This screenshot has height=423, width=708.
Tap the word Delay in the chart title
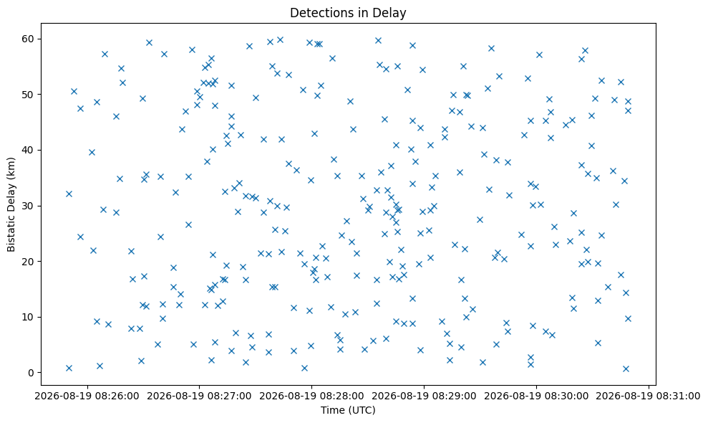tap(392, 13)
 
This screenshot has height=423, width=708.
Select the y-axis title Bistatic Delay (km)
tap(11, 204)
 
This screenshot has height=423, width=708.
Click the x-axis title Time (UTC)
tap(348, 410)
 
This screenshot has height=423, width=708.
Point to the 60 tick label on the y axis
tap(28, 39)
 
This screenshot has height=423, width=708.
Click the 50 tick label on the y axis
tap(28, 95)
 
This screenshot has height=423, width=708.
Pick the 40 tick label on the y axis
tap(28, 150)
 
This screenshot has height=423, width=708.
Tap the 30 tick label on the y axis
tap(28, 206)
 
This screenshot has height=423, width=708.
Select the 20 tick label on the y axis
tap(28, 262)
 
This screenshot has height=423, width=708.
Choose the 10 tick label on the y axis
tap(28, 317)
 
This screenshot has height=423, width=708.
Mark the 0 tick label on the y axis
tap(31, 373)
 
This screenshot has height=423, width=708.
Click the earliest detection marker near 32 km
tap(69, 194)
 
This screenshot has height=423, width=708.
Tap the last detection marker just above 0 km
tap(626, 369)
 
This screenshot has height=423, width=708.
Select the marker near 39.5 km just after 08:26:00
tap(92, 153)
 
